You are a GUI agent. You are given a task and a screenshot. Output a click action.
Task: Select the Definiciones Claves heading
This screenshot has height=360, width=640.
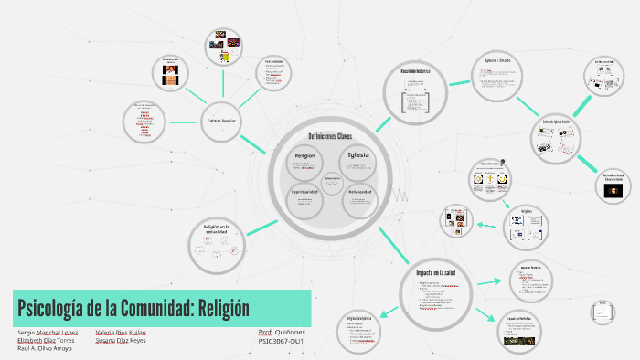coord(330,136)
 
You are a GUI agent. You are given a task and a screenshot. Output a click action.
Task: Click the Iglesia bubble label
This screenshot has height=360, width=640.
coord(357,155)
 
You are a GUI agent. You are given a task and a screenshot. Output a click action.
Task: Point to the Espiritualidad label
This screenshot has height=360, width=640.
coord(304,192)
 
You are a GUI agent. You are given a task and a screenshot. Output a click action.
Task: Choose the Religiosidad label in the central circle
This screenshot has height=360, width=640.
coord(358,192)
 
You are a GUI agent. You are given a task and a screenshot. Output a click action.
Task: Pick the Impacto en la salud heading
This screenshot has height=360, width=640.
coord(434,273)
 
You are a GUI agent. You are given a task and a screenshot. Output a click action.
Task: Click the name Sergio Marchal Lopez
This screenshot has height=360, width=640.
coord(48,332)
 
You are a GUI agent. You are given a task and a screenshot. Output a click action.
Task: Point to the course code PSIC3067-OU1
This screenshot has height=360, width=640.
coord(281,341)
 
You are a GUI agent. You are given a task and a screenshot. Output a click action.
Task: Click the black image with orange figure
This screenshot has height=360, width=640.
coord(614,189)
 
